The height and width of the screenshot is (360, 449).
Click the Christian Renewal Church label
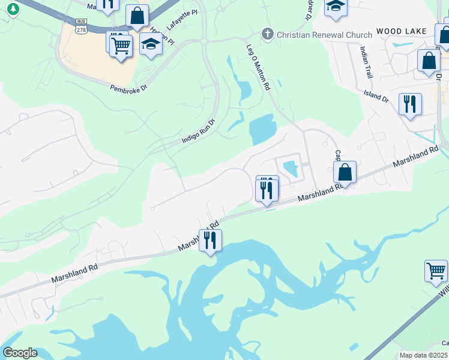point(324,35)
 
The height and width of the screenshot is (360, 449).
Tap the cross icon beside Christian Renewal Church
point(268,34)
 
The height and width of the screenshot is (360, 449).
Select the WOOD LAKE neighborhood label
point(401,31)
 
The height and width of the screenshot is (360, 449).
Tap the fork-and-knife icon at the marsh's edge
point(210,240)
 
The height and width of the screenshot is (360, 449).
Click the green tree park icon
point(13,9)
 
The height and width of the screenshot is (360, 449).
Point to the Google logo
point(20,353)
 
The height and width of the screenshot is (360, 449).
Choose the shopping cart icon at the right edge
point(436,270)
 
